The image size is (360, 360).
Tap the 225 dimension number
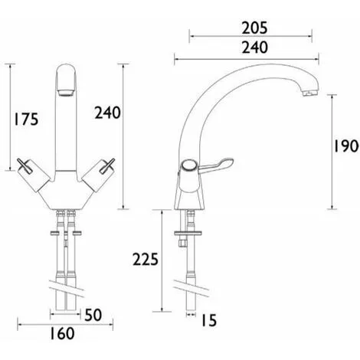coord(146,259)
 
